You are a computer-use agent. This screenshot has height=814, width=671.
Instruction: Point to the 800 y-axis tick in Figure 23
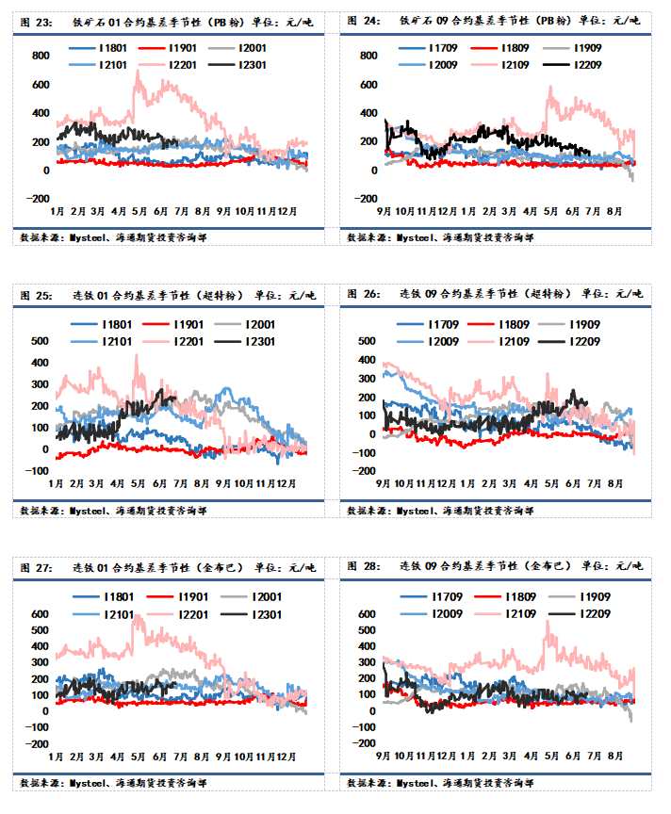[40, 56]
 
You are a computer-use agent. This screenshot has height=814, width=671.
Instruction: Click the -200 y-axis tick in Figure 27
[36, 743]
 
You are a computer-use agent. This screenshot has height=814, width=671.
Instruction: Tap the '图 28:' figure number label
[363, 566]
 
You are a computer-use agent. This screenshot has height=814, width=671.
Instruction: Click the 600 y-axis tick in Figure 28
[366, 614]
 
